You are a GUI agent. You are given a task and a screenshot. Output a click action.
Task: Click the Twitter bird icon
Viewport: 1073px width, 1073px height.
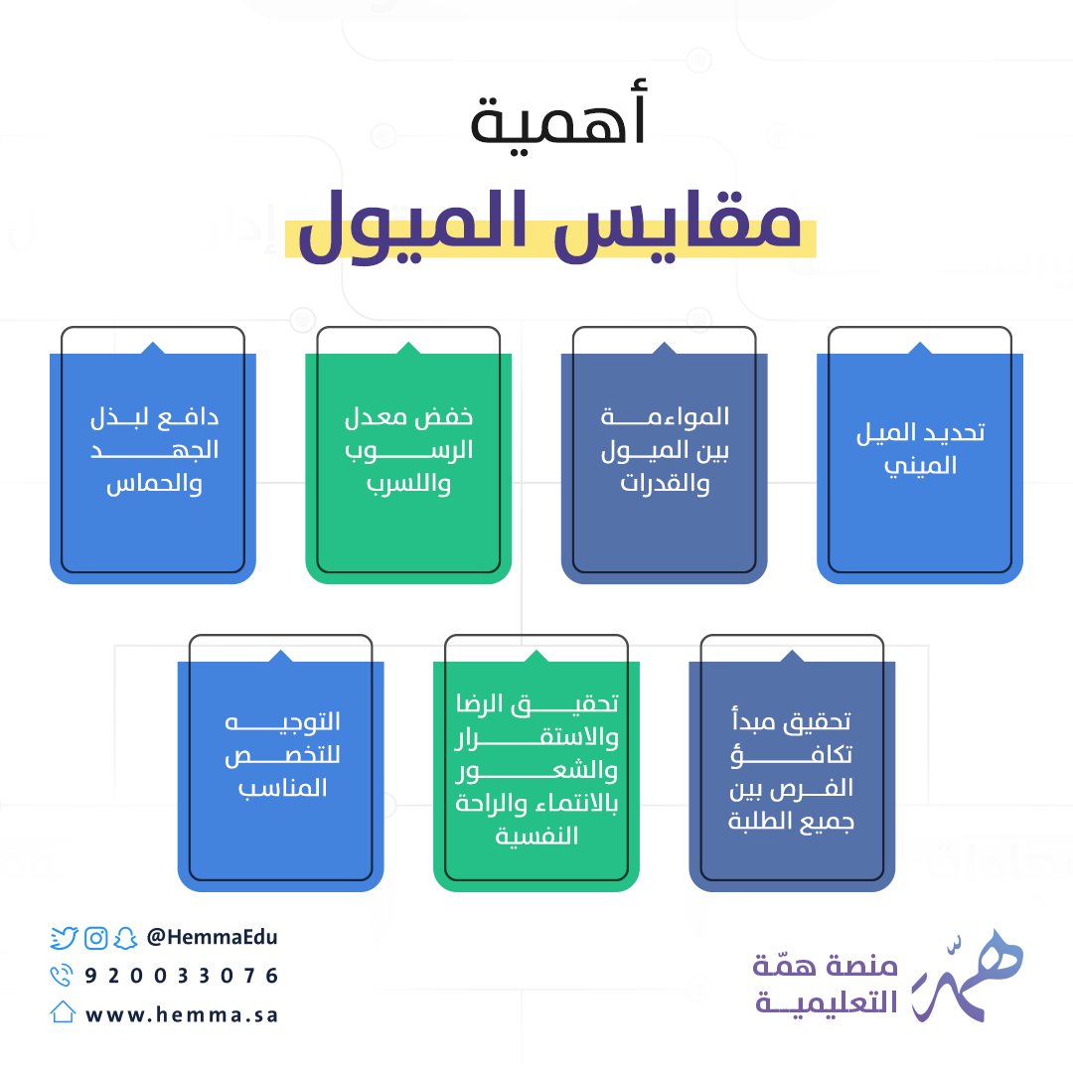click(x=64, y=937)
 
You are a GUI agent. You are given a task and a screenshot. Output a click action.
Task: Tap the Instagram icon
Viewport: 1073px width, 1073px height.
click(x=95, y=937)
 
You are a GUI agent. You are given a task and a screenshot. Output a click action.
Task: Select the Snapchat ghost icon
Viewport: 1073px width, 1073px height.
click(x=124, y=937)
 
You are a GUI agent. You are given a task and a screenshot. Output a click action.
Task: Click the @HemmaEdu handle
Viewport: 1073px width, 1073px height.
click(x=212, y=937)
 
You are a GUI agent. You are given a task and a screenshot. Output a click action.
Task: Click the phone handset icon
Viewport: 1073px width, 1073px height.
click(x=63, y=975)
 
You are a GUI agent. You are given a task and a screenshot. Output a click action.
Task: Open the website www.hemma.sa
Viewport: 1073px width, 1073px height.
click(x=181, y=1014)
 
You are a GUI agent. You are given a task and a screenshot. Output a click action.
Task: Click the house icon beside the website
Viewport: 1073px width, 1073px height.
click(x=63, y=1012)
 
